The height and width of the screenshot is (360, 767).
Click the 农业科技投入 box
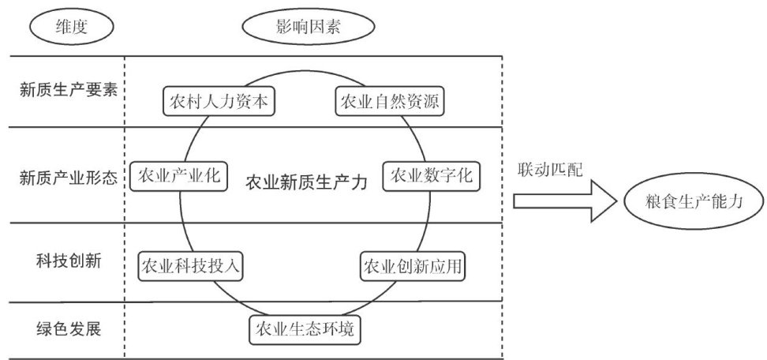click(x=190, y=266)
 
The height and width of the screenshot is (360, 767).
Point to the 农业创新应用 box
click(x=412, y=266)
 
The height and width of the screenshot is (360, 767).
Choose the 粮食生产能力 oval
click(x=693, y=202)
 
